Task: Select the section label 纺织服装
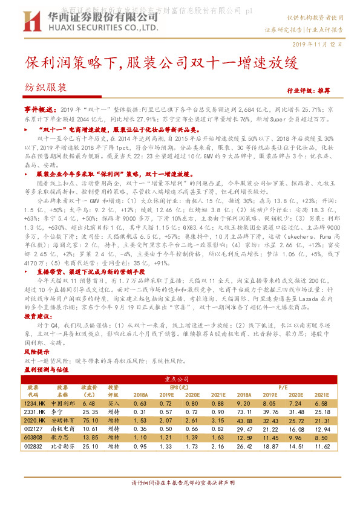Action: click(46, 87)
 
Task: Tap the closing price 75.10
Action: click(90, 420)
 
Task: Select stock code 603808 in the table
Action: click(33, 436)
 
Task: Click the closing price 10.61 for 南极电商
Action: click(90, 428)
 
